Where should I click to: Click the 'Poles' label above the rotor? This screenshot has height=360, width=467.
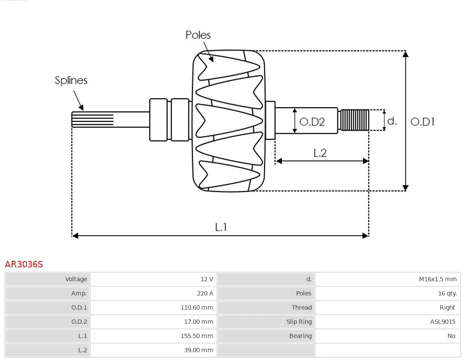click(198, 35)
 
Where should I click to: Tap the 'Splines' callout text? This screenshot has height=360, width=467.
click(71, 80)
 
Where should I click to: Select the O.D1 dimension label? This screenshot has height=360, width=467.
click(422, 122)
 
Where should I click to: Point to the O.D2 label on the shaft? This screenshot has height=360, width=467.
click(312, 122)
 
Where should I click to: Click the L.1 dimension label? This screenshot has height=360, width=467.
click(221, 227)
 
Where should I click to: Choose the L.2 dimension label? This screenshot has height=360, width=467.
click(320, 153)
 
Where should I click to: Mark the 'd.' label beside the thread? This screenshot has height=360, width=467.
click(392, 121)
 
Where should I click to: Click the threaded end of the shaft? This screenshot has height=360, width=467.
click(355, 120)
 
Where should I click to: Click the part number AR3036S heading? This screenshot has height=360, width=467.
click(24, 264)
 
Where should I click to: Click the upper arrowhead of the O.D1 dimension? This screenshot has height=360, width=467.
click(405, 54)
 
